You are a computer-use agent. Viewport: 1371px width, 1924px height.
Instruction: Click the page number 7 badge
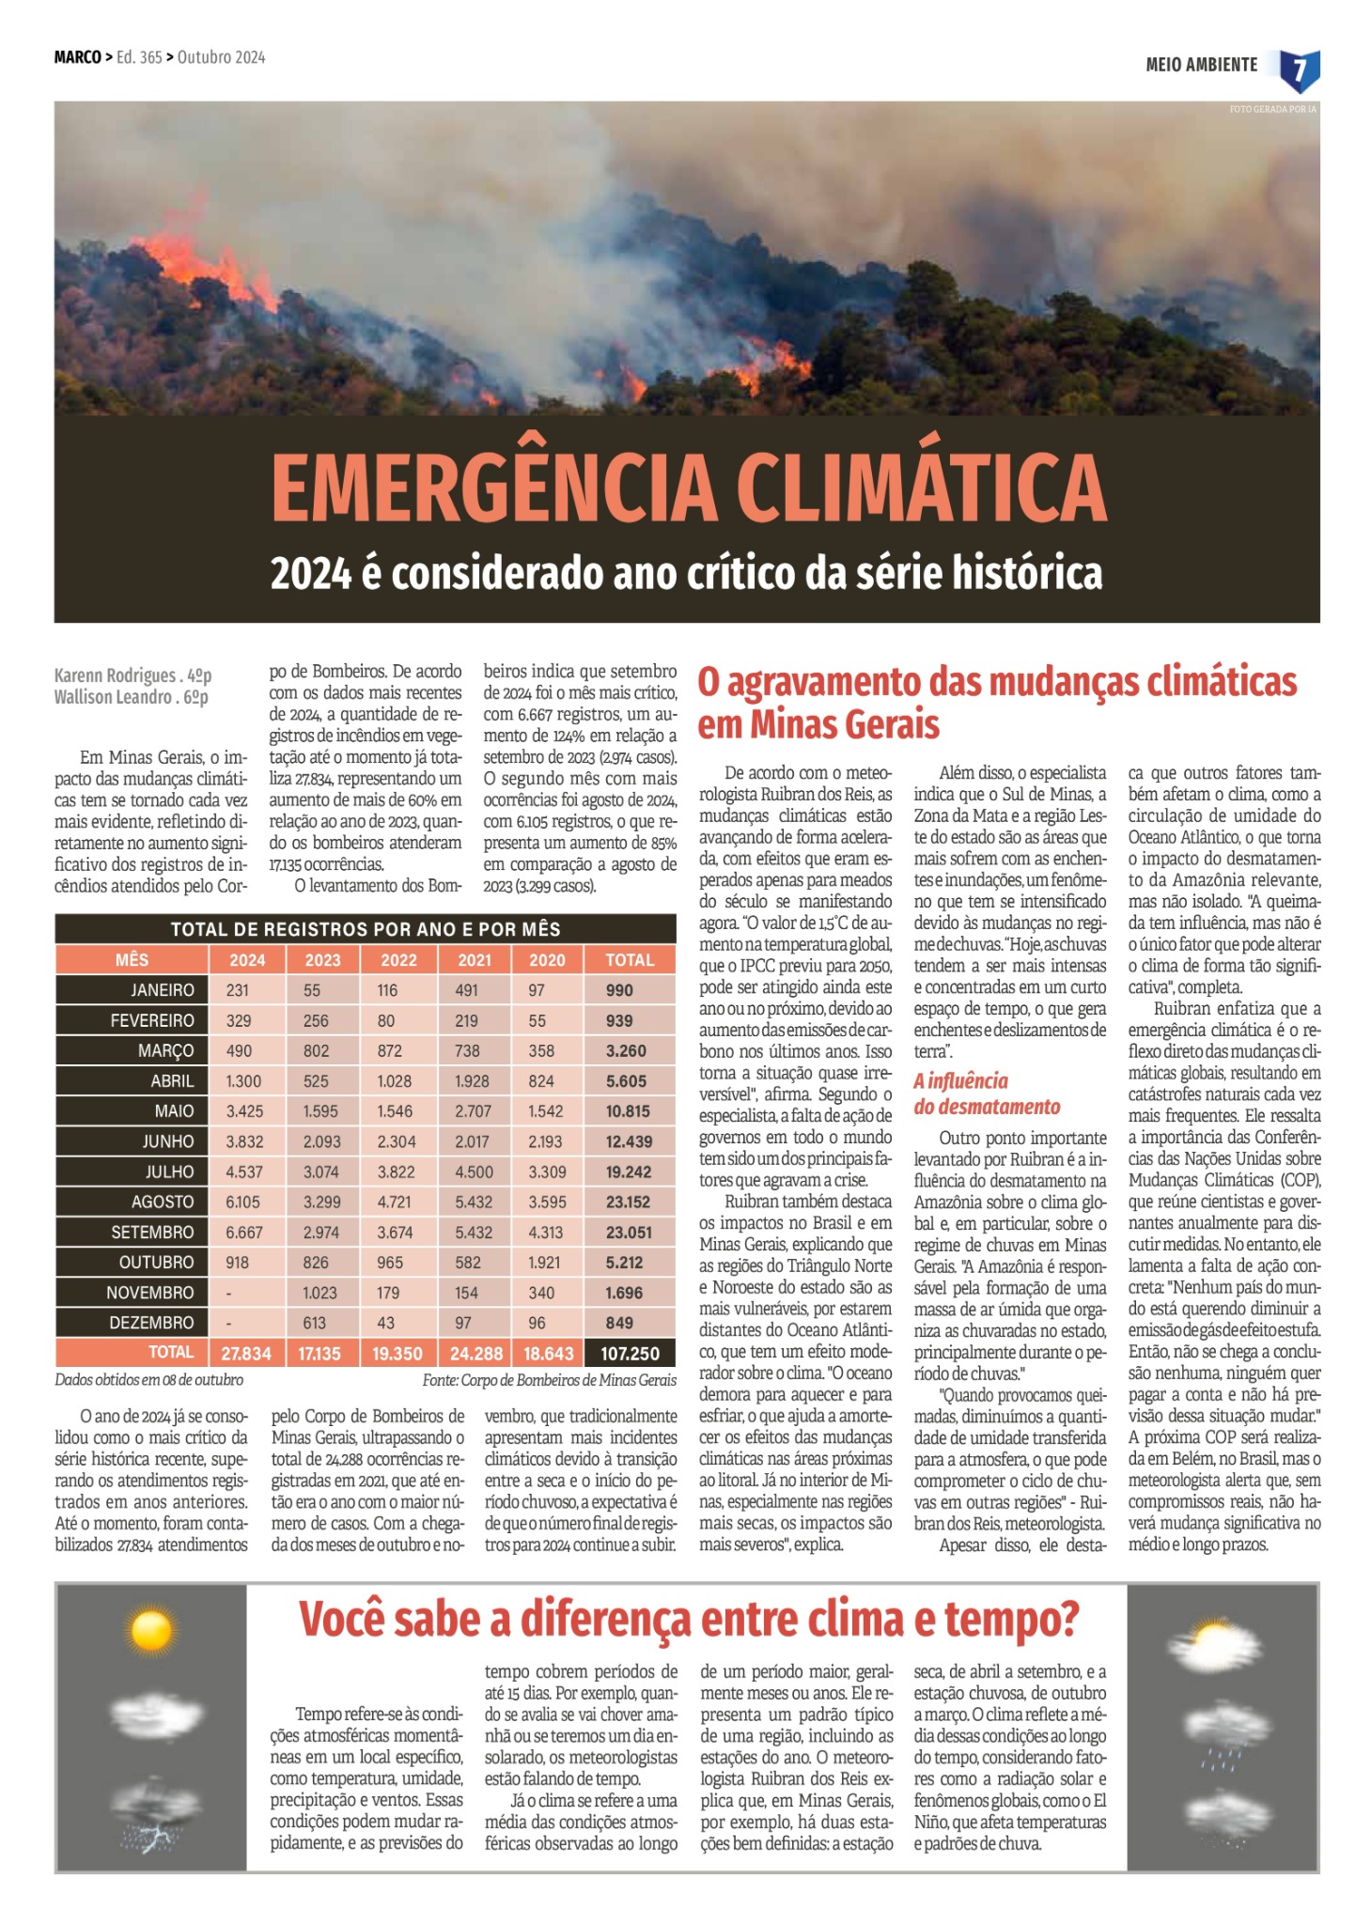tap(1300, 70)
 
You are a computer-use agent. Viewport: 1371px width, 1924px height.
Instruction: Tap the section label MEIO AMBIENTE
tap(1201, 65)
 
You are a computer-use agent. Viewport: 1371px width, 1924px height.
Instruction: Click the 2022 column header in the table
tap(398, 960)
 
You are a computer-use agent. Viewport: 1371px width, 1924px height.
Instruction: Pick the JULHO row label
tap(169, 1171)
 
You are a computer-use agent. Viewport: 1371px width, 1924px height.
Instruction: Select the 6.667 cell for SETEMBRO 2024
tap(244, 1232)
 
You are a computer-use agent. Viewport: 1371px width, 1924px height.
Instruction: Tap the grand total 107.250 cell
tap(630, 1354)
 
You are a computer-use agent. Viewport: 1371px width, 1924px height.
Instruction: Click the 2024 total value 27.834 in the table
tap(246, 1354)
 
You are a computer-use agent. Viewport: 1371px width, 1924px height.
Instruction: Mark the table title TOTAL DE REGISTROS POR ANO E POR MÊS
tap(366, 929)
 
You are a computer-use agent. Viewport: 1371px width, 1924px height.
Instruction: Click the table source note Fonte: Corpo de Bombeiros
tap(549, 1380)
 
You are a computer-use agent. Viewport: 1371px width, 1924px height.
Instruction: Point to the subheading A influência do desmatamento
tap(986, 1094)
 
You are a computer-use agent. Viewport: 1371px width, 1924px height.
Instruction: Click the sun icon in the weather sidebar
tap(151, 1632)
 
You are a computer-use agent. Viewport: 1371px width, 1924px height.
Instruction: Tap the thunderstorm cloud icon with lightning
tap(150, 1812)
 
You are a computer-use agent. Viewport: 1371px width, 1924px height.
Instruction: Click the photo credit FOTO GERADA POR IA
tap(1272, 110)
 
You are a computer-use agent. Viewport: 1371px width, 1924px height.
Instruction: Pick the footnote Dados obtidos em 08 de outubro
tap(148, 1380)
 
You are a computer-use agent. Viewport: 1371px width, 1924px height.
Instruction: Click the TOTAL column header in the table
tap(629, 960)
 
